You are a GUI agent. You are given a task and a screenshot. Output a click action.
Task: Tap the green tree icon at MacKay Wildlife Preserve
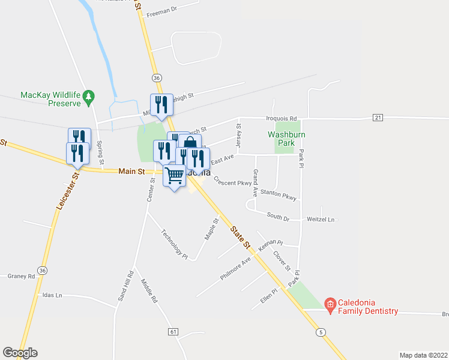pos(89,95)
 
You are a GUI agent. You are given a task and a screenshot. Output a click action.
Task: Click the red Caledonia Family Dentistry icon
pos(330,305)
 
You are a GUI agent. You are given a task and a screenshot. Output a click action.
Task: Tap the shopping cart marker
pos(174,176)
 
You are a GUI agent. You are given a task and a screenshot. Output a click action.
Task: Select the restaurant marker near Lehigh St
pos(161,104)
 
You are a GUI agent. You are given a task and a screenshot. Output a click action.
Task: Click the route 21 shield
pos(378,117)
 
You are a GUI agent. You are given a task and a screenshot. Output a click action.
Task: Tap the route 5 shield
pos(322,331)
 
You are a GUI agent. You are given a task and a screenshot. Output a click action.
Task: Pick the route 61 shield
pos(173,331)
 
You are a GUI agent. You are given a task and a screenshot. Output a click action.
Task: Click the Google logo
pos(20,352)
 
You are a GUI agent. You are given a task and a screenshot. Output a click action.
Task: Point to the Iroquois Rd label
pos(282,119)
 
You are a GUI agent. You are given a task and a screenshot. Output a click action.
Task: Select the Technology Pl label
pos(174,245)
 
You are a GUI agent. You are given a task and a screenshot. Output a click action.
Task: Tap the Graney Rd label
pos(22,276)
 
